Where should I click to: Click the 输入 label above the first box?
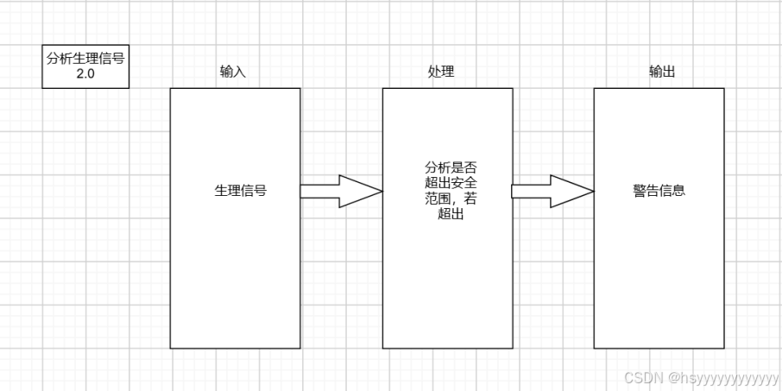click(x=233, y=72)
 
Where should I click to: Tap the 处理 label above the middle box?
click(x=441, y=72)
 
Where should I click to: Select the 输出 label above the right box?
click(x=662, y=72)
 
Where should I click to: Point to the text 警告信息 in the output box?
click(x=659, y=191)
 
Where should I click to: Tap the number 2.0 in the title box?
click(x=85, y=74)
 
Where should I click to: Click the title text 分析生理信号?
click(x=85, y=58)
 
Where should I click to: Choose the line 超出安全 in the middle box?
click(x=446, y=184)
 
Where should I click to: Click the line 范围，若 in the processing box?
click(x=446, y=199)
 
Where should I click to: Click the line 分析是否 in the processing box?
click(x=446, y=168)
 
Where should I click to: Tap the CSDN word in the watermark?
click(x=640, y=377)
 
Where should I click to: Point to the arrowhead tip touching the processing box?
click(x=380, y=191)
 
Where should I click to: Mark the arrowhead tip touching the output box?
click(x=592, y=191)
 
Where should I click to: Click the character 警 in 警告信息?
click(x=640, y=191)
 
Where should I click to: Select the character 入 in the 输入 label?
click(x=240, y=72)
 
